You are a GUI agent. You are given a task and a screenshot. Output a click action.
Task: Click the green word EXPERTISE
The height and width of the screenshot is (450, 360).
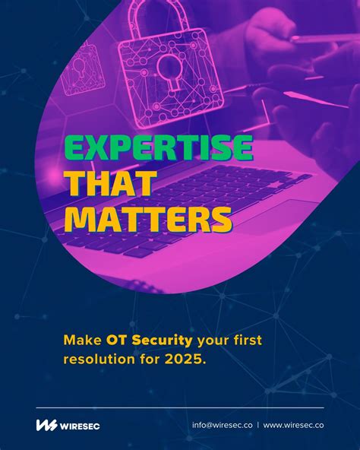click(x=158, y=148)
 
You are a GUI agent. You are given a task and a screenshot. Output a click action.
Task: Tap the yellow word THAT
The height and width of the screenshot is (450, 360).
click(x=110, y=183)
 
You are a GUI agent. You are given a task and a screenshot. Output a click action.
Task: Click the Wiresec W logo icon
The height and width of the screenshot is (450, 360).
click(x=46, y=425)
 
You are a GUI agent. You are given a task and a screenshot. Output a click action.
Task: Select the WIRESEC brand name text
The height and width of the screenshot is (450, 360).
click(x=80, y=426)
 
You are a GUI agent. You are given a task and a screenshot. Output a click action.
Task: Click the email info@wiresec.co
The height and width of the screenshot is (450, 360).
click(x=222, y=426)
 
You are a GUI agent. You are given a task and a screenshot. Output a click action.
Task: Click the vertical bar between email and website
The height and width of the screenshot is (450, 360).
click(x=257, y=426)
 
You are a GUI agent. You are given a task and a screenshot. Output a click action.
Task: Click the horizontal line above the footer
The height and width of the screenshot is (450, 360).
click(x=179, y=407)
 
